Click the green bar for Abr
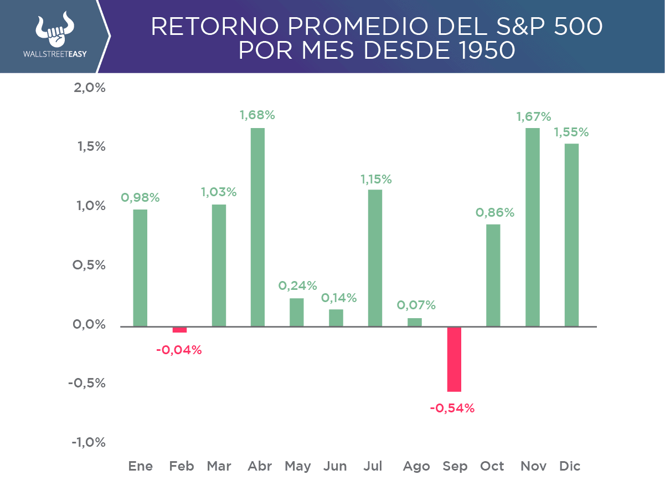(257, 227)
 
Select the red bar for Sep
(454, 359)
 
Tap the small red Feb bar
(180, 329)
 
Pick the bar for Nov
(533, 227)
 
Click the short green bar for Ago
(415, 322)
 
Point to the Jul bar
(375, 258)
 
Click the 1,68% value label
(257, 115)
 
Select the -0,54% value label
(452, 409)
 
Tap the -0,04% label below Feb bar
(179, 350)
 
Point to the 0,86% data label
(495, 212)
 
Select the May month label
(298, 467)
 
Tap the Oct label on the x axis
(492, 467)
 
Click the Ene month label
(141, 467)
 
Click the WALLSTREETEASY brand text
(55, 55)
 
